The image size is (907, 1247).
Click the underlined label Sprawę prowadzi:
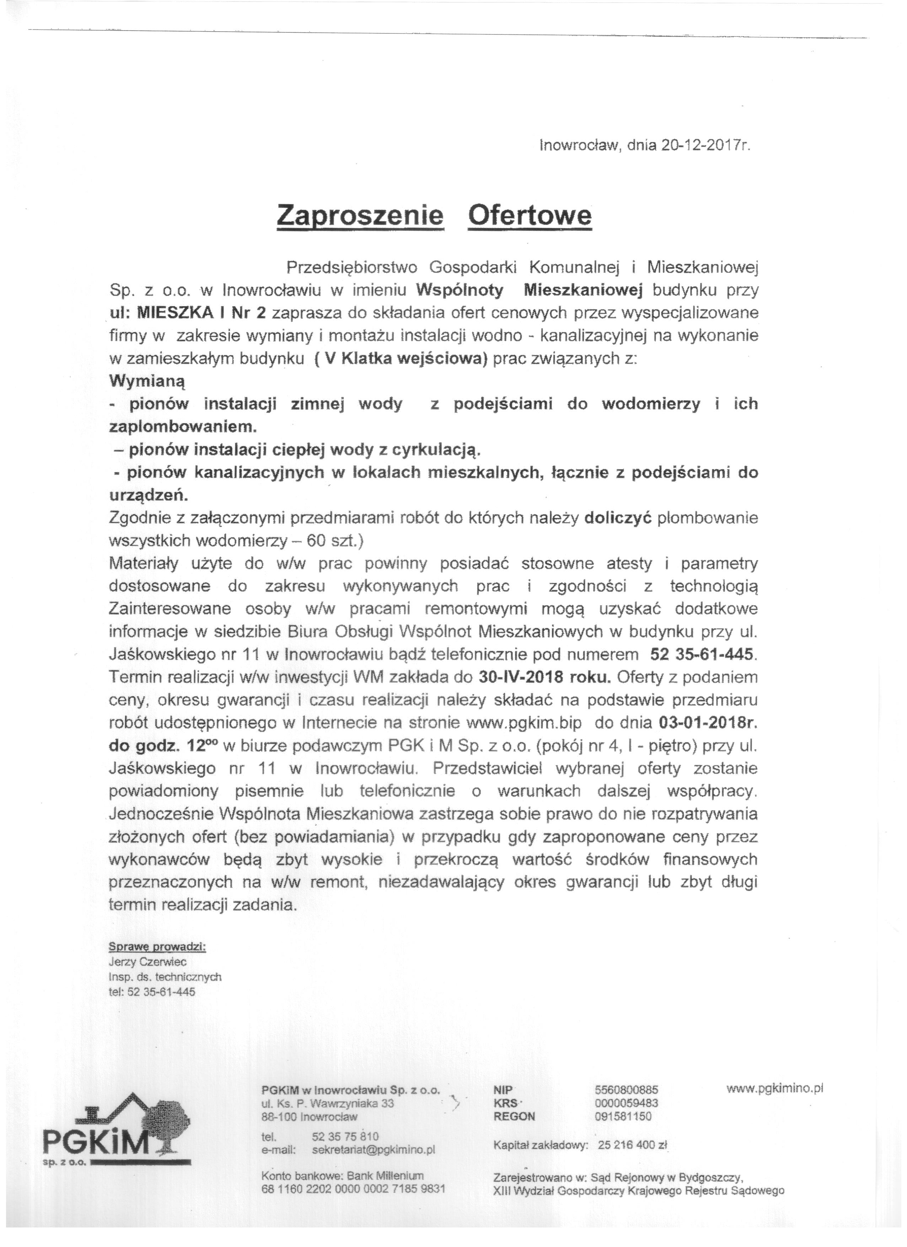tap(157, 947)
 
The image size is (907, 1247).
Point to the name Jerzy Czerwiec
tap(148, 962)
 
